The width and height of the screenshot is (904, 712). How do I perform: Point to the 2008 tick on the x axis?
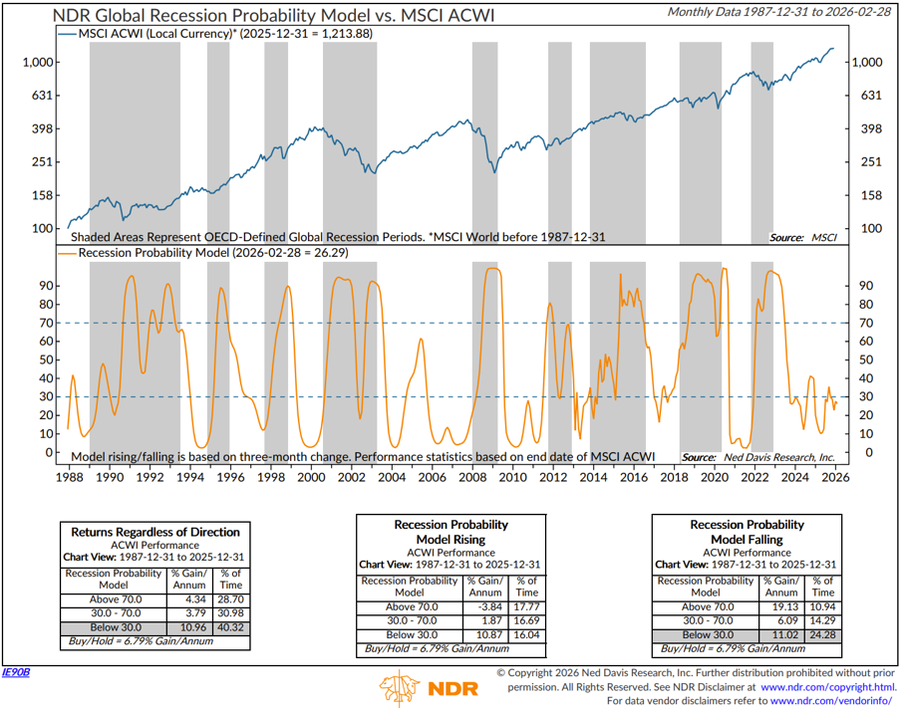pyautogui.click(x=473, y=476)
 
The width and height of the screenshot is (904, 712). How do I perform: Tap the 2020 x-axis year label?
pyautogui.click(x=715, y=476)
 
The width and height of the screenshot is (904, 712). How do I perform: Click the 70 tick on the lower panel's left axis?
pyautogui.click(x=45, y=323)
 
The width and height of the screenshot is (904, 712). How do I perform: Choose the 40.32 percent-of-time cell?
pyautogui.click(x=230, y=629)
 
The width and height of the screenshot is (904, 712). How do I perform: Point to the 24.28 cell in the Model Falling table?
pyautogui.click(x=822, y=634)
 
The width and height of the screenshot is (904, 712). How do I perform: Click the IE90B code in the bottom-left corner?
pyautogui.click(x=17, y=673)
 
